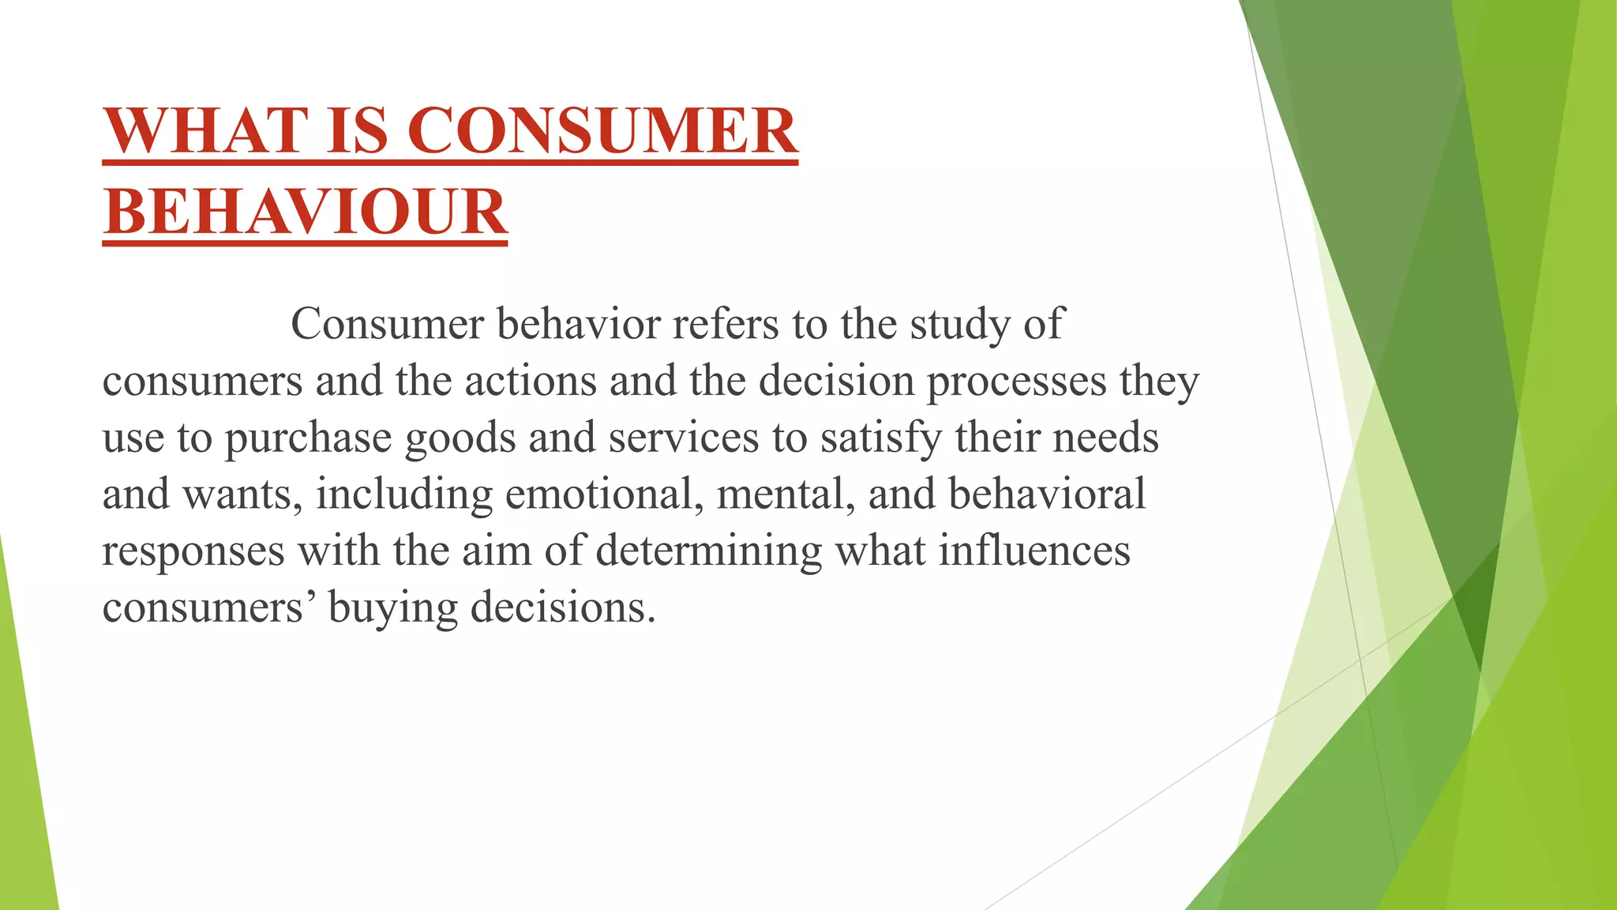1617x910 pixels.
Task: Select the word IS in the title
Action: coord(357,130)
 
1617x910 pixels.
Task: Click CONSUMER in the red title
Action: coord(602,130)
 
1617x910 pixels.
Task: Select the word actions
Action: coord(530,381)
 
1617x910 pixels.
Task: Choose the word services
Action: coord(683,438)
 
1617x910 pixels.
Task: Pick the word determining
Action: coord(708,551)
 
